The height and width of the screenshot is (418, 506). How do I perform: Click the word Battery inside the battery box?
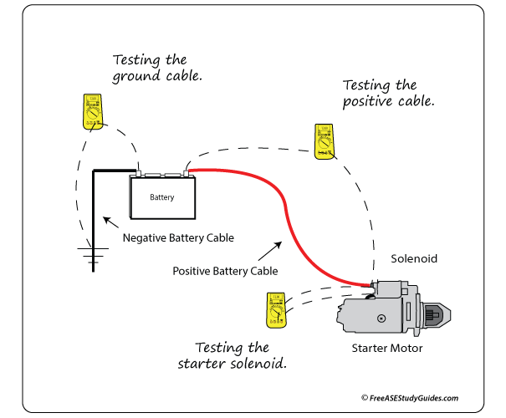pos(162,197)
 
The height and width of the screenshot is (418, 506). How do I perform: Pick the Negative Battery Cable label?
pos(178,237)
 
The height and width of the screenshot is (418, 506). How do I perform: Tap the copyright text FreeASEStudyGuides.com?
pos(410,399)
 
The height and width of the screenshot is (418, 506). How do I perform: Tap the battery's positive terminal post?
pos(186,172)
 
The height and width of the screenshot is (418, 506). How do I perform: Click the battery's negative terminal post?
pos(140,172)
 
